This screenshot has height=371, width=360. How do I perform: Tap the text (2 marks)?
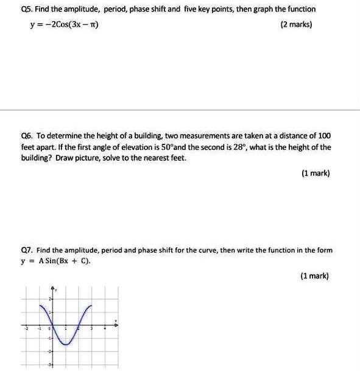click(296, 26)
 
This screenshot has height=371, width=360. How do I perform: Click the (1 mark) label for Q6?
click(315, 174)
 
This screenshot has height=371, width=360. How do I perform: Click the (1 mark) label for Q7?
click(314, 276)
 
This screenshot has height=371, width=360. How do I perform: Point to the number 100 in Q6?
click(324, 136)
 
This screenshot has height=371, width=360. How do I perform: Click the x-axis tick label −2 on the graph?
click(26, 329)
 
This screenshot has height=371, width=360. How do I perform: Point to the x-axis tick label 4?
click(105, 329)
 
